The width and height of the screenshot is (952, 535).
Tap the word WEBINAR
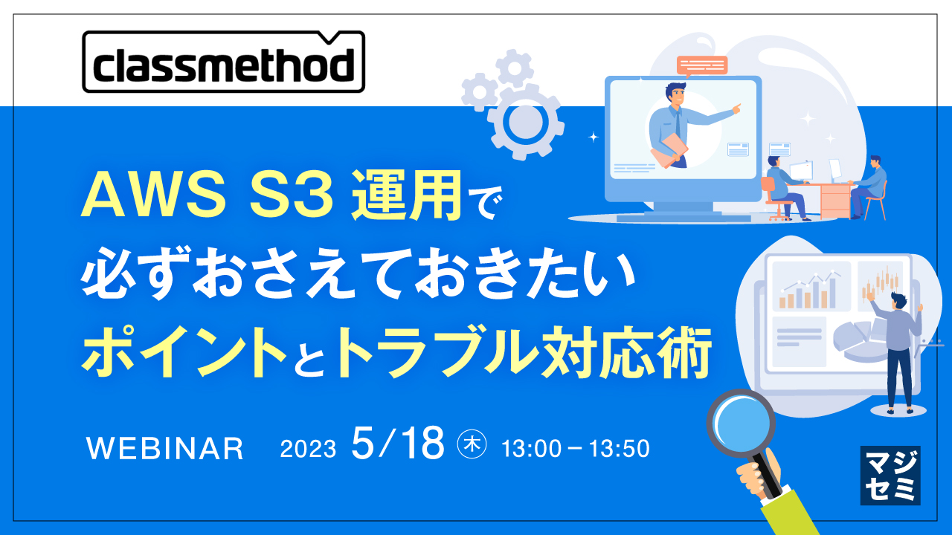(x=164, y=448)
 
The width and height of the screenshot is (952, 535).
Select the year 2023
(x=308, y=449)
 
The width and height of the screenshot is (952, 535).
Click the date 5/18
(x=398, y=444)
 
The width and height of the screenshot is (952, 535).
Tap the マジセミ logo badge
(x=890, y=476)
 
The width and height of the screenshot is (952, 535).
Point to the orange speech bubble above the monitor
(x=701, y=65)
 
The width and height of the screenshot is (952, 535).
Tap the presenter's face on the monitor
(x=675, y=96)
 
